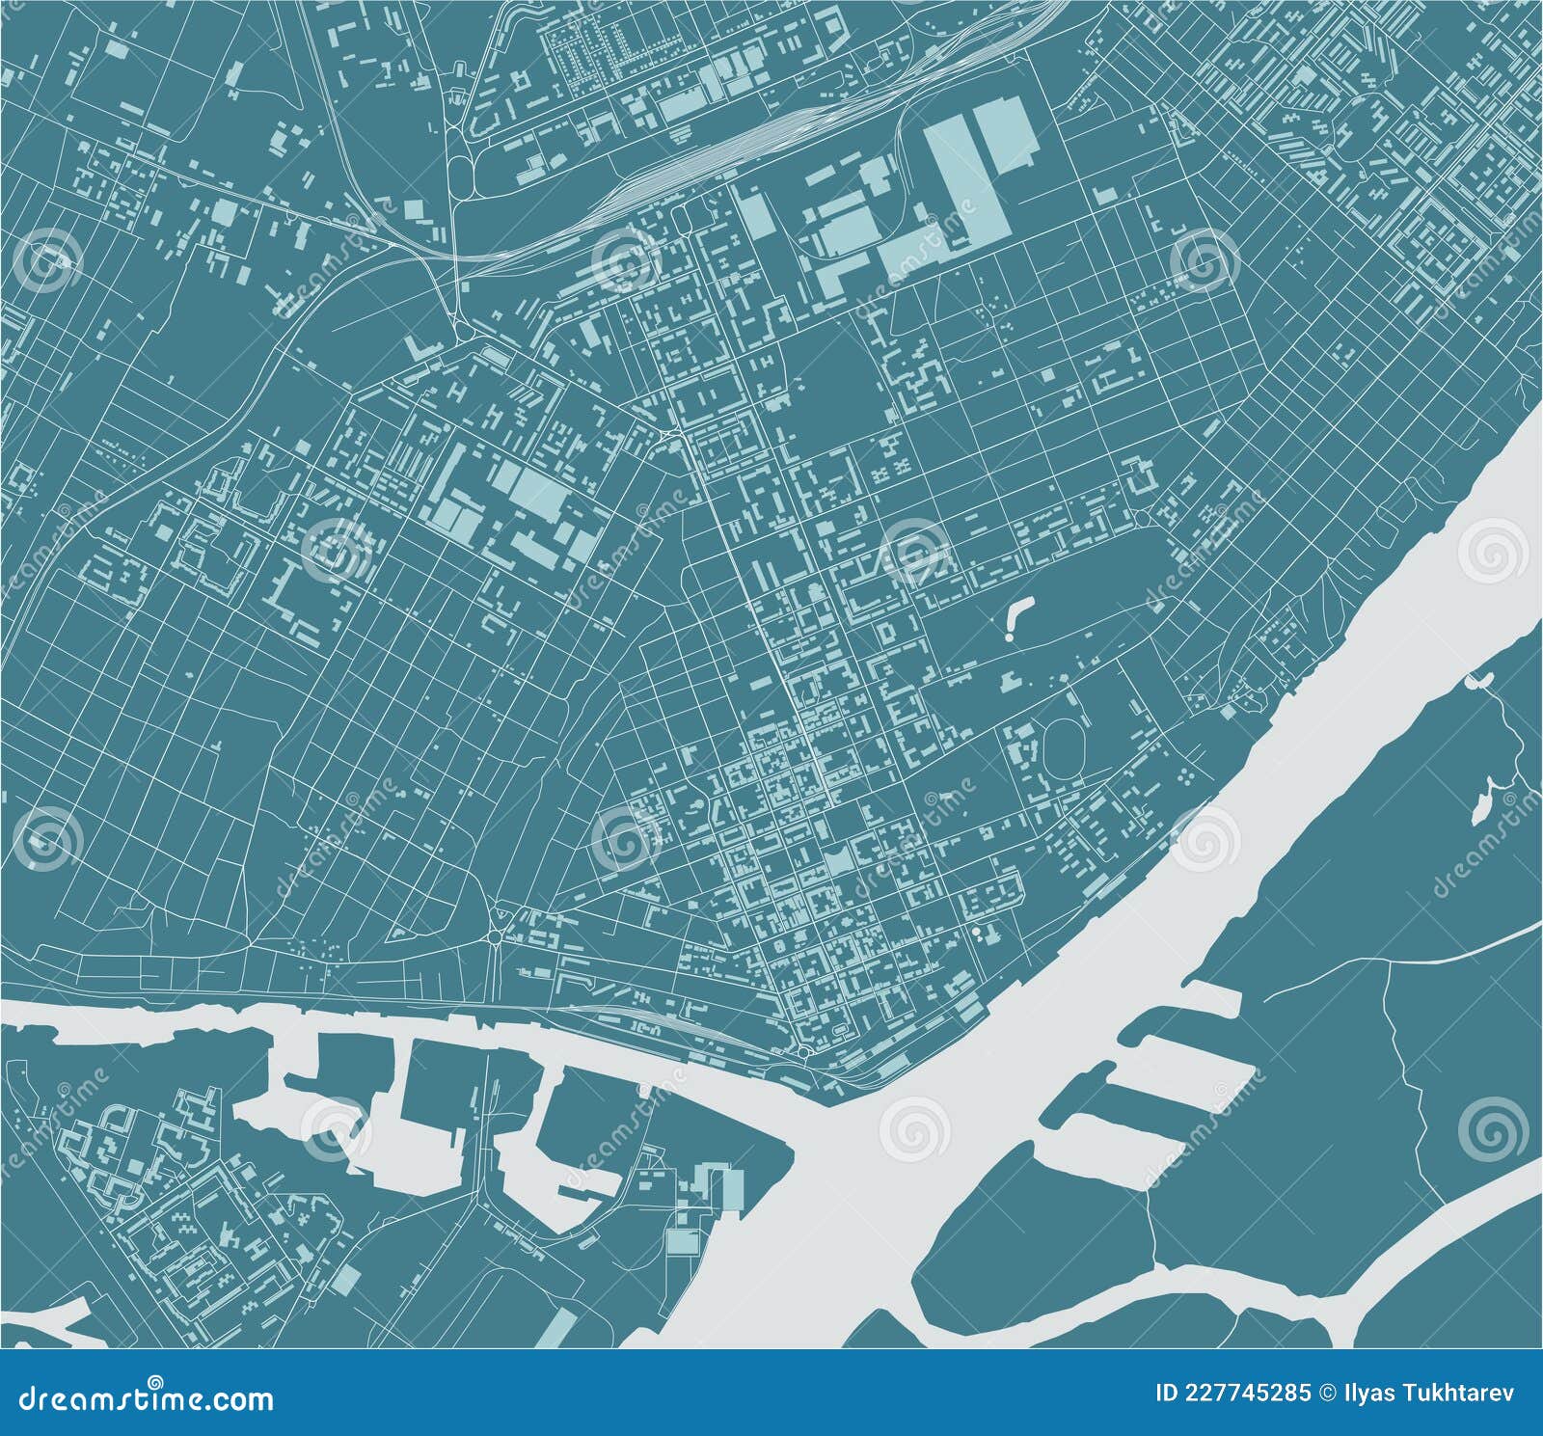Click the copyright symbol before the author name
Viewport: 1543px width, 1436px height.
click(x=1324, y=1393)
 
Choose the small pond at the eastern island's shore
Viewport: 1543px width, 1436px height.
click(x=1474, y=681)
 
